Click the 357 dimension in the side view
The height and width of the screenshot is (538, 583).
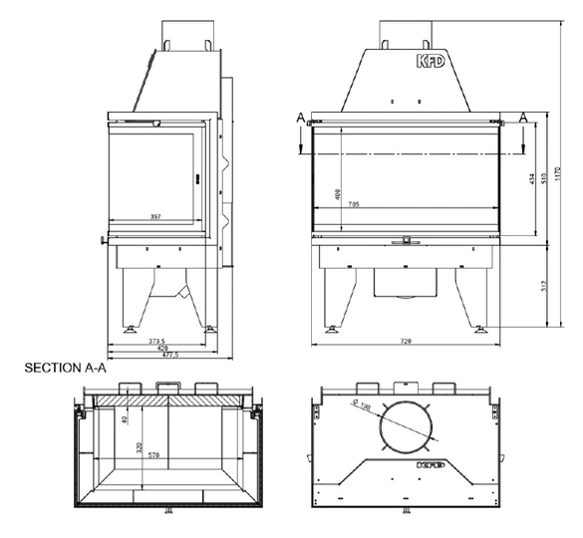point(153,214)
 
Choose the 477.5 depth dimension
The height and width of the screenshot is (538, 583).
point(159,357)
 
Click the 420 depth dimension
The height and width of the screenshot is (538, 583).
point(159,349)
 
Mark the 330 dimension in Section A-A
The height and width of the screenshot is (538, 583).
point(140,445)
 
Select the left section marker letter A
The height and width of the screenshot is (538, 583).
point(300,117)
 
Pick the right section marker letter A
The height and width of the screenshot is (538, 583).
point(524,117)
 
